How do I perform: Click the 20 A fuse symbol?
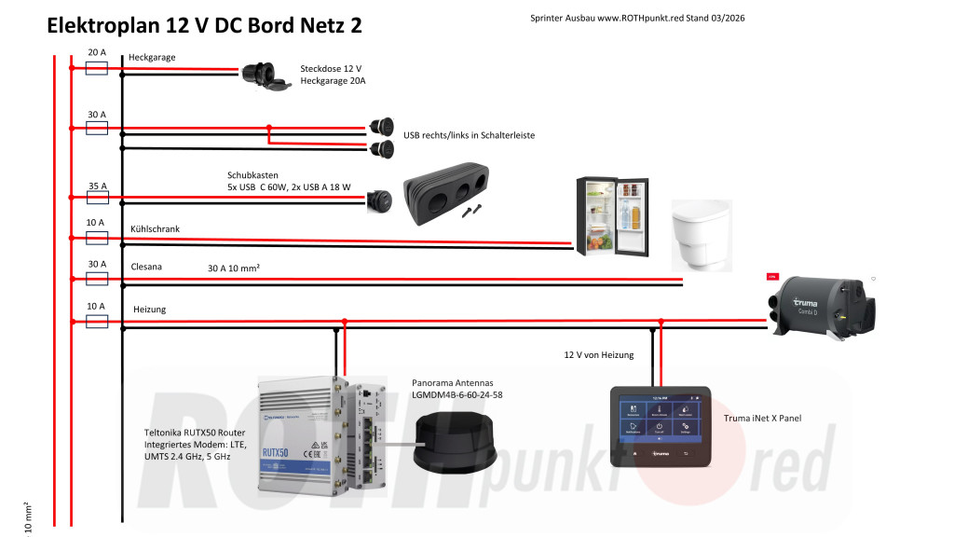(x=97, y=67)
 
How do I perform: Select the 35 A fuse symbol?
(x=97, y=198)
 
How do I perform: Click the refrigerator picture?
(x=612, y=213)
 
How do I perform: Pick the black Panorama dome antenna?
(x=457, y=447)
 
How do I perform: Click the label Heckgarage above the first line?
(x=152, y=58)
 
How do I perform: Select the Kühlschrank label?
(x=155, y=228)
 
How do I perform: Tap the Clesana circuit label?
(x=146, y=267)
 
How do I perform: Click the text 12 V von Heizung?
(x=599, y=355)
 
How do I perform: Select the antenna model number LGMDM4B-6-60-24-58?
(x=457, y=395)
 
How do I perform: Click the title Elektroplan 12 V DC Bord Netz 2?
(x=205, y=26)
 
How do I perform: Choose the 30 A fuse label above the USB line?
(x=97, y=115)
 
